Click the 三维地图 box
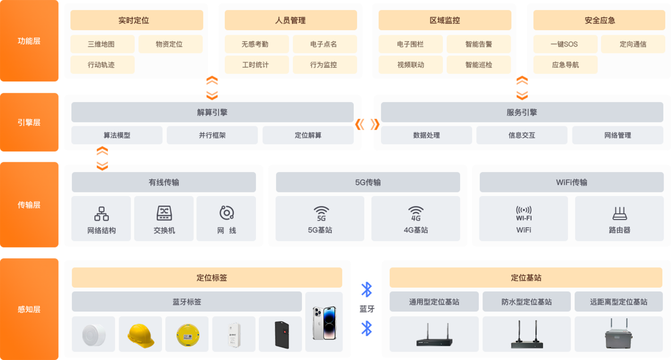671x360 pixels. point(103,44)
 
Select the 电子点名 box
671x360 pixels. point(325,44)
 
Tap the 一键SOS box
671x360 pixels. point(565,44)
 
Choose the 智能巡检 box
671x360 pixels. point(478,65)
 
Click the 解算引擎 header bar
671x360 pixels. point(212,112)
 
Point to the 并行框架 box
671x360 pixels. point(212,135)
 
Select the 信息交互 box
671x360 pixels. point(522,135)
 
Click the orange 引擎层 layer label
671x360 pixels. point(29,123)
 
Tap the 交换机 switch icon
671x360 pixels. point(164,213)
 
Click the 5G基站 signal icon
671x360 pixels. point(321,214)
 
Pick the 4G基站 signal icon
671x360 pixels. point(416,214)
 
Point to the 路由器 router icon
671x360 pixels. point(620,213)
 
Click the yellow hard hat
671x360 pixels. point(140,336)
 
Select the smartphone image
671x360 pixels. point(324,323)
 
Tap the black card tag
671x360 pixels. point(282,335)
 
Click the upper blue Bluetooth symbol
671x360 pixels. point(367,289)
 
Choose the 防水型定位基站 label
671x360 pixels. point(526,302)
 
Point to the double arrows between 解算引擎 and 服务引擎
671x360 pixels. point(367,124)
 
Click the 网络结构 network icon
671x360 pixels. point(102,214)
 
